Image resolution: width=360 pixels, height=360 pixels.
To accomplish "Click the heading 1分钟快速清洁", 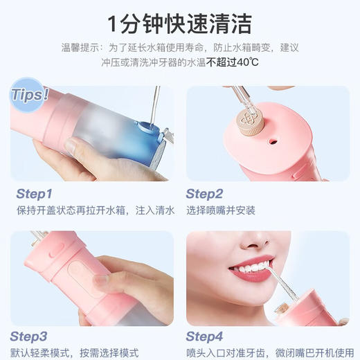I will point(179,22).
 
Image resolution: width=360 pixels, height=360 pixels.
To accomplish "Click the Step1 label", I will point(34,194).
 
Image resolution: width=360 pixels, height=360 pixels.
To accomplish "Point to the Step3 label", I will point(34,337).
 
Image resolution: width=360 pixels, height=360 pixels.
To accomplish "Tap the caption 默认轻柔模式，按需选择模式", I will point(75,352).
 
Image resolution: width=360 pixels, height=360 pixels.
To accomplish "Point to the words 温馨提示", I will point(76,48).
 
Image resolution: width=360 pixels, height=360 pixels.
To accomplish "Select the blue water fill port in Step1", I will point(145,125).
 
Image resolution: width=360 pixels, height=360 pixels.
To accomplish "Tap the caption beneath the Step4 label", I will point(270,352).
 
